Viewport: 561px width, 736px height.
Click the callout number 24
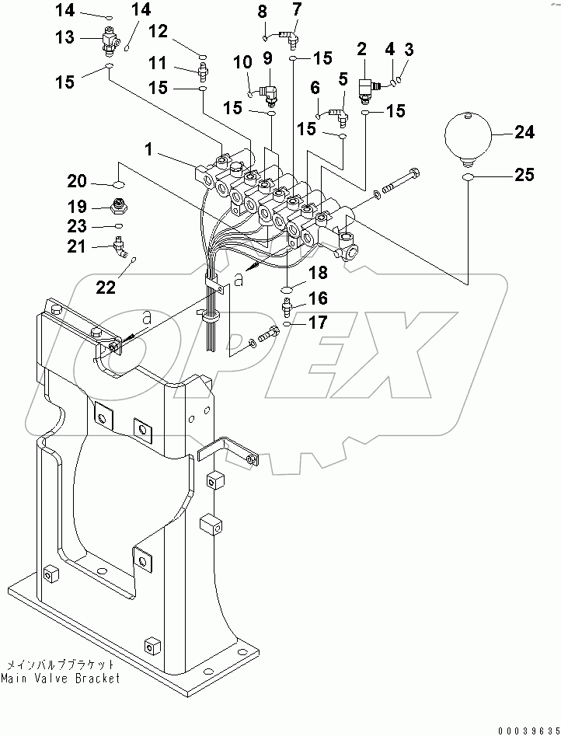click(x=525, y=133)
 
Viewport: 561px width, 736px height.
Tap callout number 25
click(x=525, y=176)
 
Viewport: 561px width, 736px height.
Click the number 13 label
click(x=65, y=37)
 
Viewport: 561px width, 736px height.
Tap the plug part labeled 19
click(x=119, y=208)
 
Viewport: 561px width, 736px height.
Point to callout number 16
click(x=319, y=298)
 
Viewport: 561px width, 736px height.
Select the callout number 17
click(x=319, y=323)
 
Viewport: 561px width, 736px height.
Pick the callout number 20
click(x=76, y=181)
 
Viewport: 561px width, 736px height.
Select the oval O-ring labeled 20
click(x=119, y=184)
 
